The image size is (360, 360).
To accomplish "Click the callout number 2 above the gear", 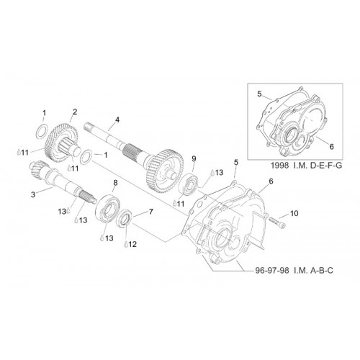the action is pyautogui.click(x=75, y=112).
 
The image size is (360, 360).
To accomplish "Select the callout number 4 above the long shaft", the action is pyautogui.click(x=117, y=120).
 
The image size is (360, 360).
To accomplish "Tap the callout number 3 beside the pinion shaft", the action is pyautogui.click(x=33, y=194).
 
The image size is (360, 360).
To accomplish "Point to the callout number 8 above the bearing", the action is pyautogui.click(x=115, y=183).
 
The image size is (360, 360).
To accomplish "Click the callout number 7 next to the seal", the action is pyautogui.click(x=151, y=212).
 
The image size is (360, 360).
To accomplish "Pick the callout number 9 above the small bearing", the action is pyautogui.click(x=194, y=158).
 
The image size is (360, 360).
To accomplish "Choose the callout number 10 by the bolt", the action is pyautogui.click(x=294, y=213).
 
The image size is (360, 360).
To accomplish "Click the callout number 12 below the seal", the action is pyautogui.click(x=132, y=244).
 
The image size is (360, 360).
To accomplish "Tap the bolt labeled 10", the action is pyautogui.click(x=277, y=222).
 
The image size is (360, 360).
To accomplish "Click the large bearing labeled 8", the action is pyautogui.click(x=108, y=210).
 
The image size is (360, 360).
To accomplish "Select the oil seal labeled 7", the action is pyautogui.click(x=124, y=218).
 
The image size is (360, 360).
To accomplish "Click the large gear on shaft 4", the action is pyautogui.click(x=164, y=172).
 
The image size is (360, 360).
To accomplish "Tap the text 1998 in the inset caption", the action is pyautogui.click(x=280, y=166).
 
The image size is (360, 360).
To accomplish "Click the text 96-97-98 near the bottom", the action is pyautogui.click(x=271, y=271).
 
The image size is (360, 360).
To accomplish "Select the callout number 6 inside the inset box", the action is pyautogui.click(x=331, y=146).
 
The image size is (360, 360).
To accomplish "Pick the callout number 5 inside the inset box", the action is pyautogui.click(x=259, y=94).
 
